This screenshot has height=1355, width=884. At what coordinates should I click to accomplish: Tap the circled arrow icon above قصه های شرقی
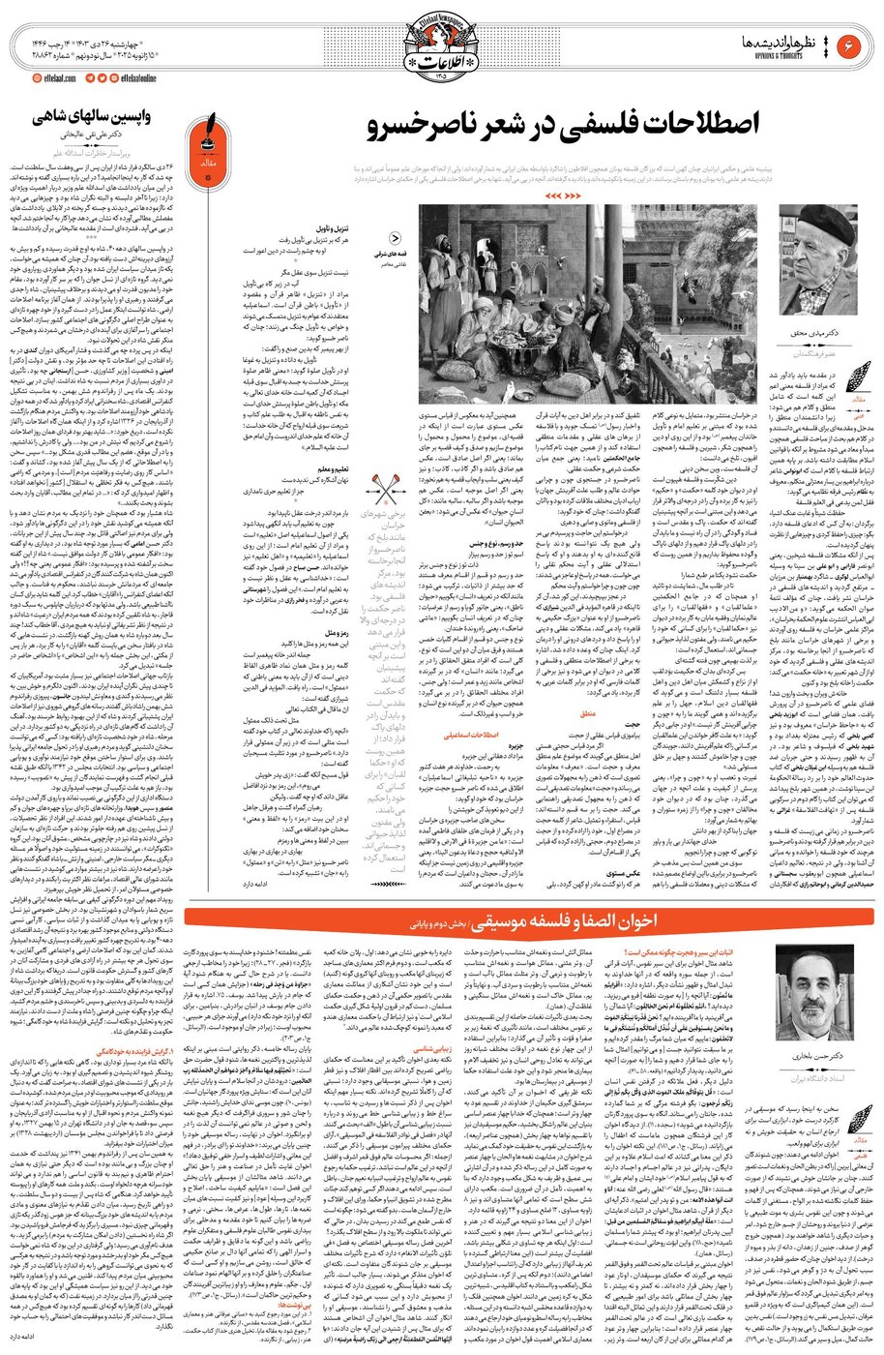click(395, 237)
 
